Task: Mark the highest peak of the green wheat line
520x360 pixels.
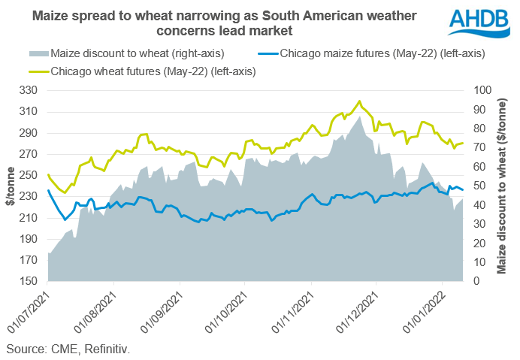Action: click(x=360, y=101)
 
